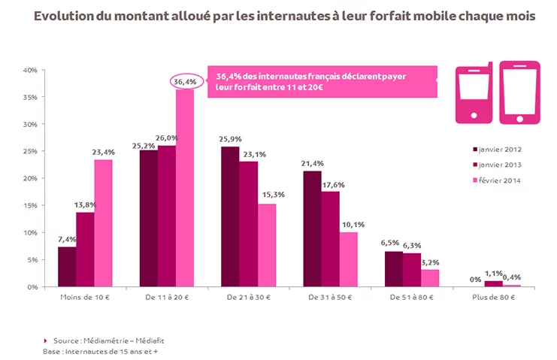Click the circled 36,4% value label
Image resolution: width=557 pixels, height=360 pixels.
[185, 81]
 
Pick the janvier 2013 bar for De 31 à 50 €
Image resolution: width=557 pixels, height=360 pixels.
[330, 239]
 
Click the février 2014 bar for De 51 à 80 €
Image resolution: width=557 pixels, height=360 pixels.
[430, 278]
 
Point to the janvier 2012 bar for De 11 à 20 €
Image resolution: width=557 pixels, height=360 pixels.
[148, 219]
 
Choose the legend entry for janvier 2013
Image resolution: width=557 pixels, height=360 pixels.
[497, 164]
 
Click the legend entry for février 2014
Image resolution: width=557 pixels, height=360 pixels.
[497, 180]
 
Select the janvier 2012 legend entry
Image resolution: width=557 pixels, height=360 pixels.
[497, 148]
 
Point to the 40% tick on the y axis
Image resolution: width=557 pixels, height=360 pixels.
[29, 70]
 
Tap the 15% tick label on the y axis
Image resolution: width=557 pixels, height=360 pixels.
[29, 205]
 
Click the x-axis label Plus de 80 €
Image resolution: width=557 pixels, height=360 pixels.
[493, 298]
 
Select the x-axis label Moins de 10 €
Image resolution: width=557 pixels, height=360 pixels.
[85, 298]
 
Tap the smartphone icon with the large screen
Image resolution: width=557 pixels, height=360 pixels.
[519, 92]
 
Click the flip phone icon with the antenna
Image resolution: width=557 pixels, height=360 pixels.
[473, 92]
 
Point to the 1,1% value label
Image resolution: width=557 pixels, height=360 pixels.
[494, 274]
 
